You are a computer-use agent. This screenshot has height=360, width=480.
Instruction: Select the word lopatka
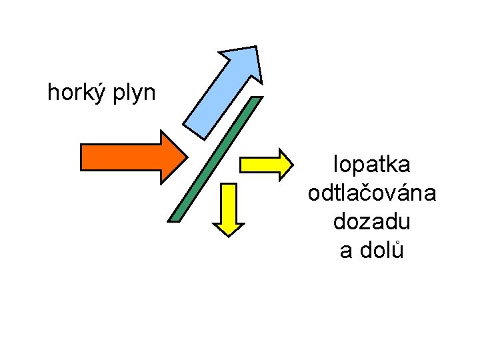coord(372,164)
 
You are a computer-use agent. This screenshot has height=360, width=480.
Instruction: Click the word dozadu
coord(372,222)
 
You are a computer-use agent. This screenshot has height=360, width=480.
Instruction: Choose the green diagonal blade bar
coord(215,159)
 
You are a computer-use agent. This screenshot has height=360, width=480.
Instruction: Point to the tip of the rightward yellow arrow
coord(291,164)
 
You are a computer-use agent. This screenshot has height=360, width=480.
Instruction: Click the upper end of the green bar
coord(255,101)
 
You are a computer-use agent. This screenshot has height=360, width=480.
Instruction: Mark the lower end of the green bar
coord(175,217)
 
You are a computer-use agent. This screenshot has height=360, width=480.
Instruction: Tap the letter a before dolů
coord(346,251)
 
